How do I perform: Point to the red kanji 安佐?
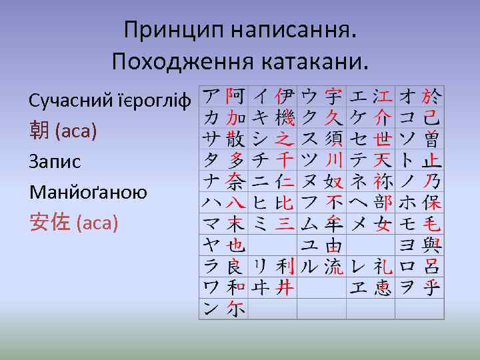coord(50,223)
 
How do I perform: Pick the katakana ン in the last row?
coord(211,309)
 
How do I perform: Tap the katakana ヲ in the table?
coord(406,287)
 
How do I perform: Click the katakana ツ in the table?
coord(309,160)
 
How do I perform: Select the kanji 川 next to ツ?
coord(333,160)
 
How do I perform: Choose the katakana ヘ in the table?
coord(358,203)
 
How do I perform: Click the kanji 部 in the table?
coord(383,203)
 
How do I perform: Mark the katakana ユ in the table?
coord(309,245)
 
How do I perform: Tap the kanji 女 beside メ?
coord(383,224)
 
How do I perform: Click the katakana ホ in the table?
coord(406,203)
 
